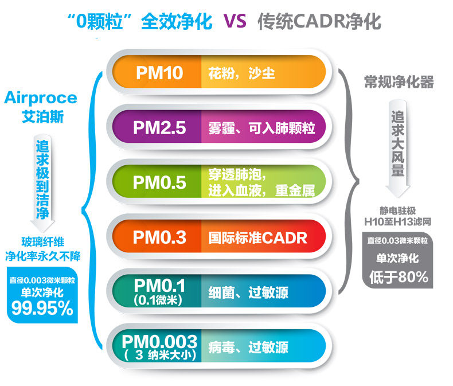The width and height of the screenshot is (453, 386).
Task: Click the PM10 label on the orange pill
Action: click(x=159, y=73)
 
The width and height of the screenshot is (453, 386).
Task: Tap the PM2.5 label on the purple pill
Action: click(x=159, y=127)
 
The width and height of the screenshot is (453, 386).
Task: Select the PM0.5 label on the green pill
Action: click(x=159, y=182)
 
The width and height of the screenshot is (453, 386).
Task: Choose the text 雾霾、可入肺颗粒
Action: click(x=261, y=128)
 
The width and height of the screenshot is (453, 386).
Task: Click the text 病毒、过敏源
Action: click(x=248, y=348)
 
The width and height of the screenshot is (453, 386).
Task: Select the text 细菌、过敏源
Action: click(x=248, y=293)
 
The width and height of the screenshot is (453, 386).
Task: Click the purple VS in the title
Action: click(x=235, y=21)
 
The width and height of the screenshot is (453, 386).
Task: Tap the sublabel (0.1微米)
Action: click(x=158, y=300)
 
